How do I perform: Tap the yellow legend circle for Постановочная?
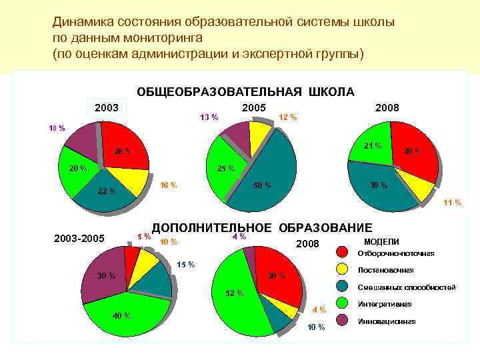click(x=341, y=269)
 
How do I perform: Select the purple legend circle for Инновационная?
click(x=341, y=321)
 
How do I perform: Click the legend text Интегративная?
click(x=385, y=304)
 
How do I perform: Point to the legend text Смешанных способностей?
click(x=407, y=287)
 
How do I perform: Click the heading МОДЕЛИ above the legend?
click(x=381, y=241)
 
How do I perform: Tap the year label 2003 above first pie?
click(x=107, y=107)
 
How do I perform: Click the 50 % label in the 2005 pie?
click(x=263, y=185)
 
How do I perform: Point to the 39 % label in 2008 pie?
click(x=379, y=185)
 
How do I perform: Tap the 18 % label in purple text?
click(x=57, y=128)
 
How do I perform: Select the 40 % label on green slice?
click(x=121, y=315)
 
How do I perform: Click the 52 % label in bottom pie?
click(x=235, y=293)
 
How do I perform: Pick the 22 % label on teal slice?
click(x=107, y=192)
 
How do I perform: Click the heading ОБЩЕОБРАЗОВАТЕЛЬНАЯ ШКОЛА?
click(x=245, y=91)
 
